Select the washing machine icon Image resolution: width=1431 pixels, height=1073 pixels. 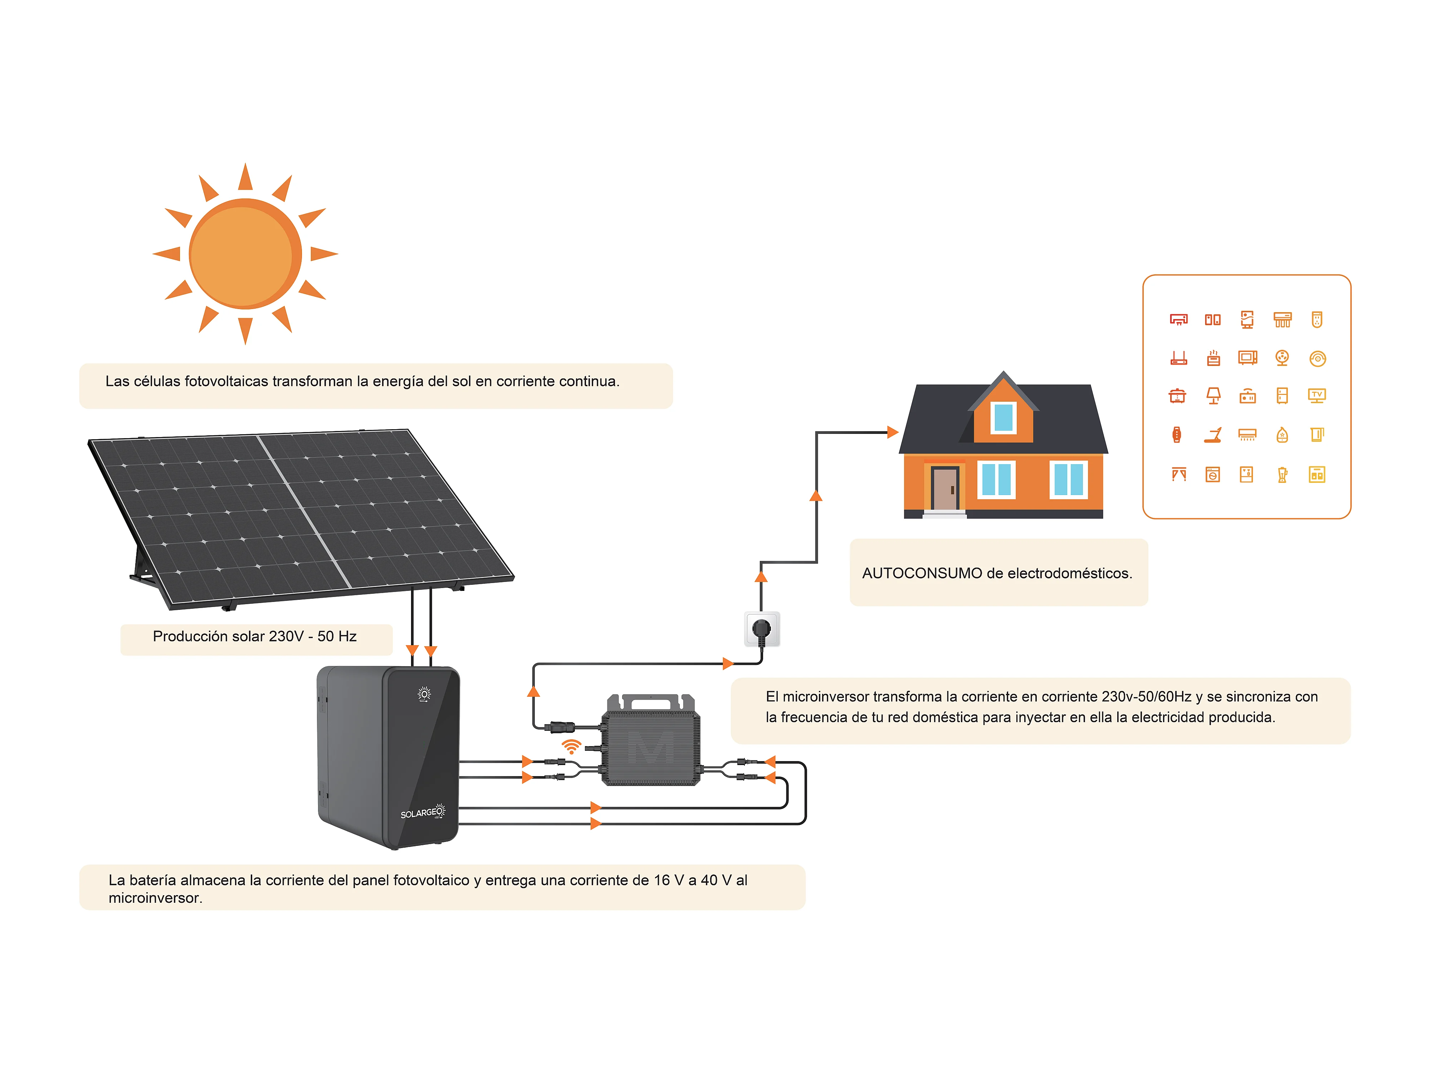[x=1213, y=475]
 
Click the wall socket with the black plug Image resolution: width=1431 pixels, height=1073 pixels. [x=762, y=629]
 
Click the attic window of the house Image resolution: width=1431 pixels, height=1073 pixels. [x=1003, y=417]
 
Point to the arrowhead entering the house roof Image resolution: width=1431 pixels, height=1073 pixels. [x=893, y=432]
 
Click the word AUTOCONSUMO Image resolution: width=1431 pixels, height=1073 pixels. [x=922, y=573]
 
